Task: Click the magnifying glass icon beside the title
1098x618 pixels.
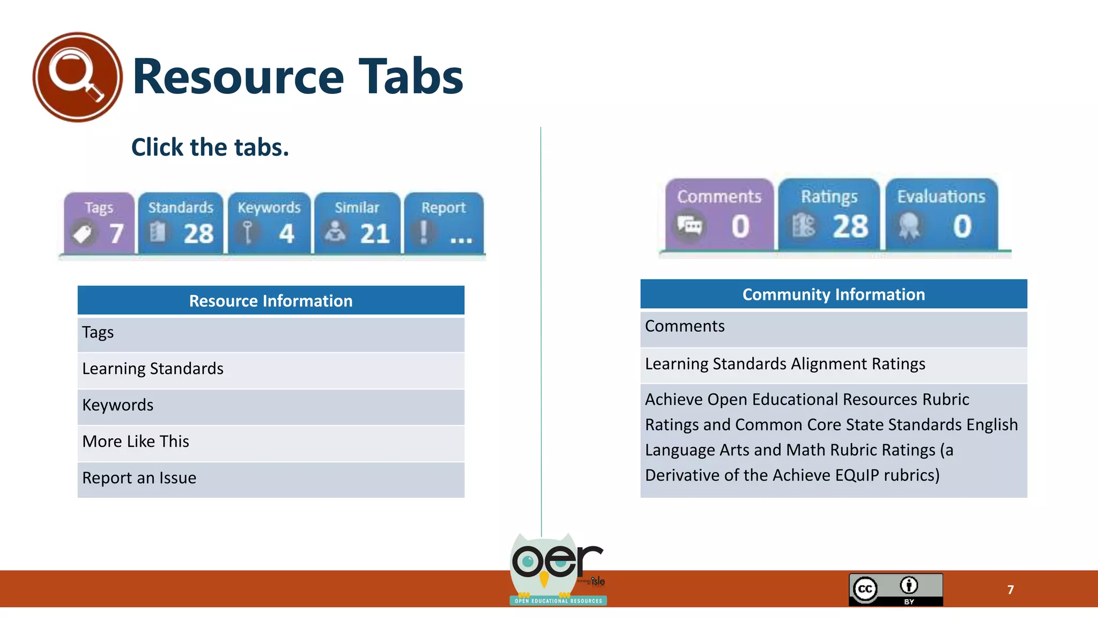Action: point(77,77)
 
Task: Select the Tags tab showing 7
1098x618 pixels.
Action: point(99,223)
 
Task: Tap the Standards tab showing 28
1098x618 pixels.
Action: point(181,223)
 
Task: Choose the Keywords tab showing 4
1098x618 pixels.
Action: point(269,223)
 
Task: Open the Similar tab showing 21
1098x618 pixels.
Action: point(357,223)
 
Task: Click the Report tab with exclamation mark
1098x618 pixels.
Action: point(443,223)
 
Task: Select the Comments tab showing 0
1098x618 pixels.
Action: point(719,215)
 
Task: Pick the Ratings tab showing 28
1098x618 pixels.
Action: point(829,215)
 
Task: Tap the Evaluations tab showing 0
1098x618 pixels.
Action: point(941,215)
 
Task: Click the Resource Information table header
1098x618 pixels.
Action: point(271,300)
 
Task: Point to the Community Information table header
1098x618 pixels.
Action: point(834,294)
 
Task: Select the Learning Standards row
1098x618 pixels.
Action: point(271,369)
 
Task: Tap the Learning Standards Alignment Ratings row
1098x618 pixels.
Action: point(834,364)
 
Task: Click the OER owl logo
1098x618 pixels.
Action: point(558,569)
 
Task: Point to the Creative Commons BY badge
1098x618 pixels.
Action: point(895,590)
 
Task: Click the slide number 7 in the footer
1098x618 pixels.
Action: point(1011,590)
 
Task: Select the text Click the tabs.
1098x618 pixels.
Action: point(210,148)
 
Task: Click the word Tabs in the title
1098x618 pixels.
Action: point(411,77)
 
